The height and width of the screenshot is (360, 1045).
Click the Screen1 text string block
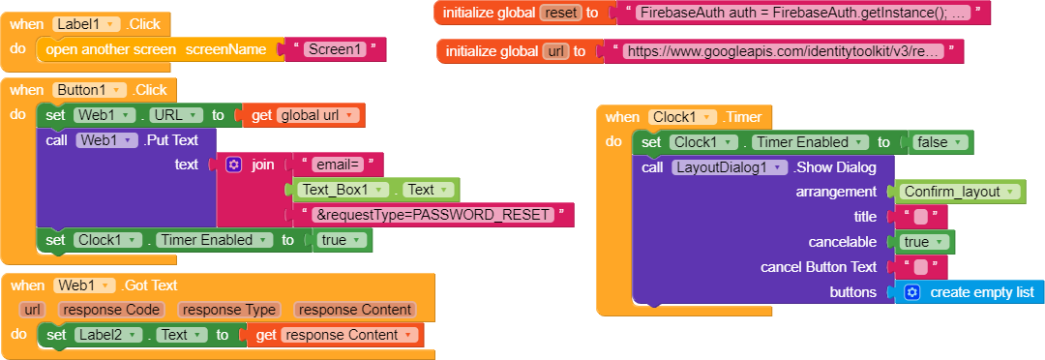[335, 49]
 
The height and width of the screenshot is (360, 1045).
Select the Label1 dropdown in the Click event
[84, 23]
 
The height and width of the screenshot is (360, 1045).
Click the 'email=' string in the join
[336, 165]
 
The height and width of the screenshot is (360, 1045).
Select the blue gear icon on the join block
[233, 165]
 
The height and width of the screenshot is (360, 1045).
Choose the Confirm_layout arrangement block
[958, 192]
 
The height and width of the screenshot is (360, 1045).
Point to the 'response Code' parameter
[116, 310]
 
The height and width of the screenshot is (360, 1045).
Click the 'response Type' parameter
[228, 310]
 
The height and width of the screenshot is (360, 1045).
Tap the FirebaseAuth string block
[803, 13]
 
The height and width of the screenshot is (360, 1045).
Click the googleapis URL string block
[783, 51]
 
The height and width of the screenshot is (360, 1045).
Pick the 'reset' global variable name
[560, 13]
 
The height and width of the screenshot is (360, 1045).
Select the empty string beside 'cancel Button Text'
[921, 267]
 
